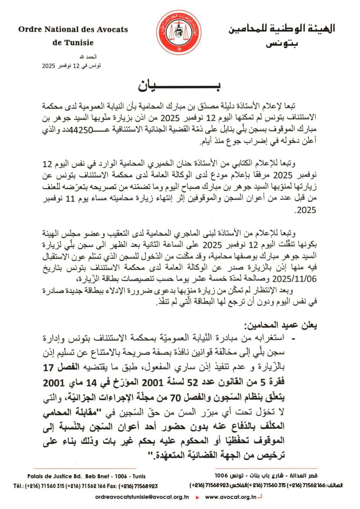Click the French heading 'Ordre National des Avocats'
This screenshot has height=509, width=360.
coord(73,30)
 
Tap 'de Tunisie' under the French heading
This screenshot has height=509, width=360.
coord(73,43)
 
